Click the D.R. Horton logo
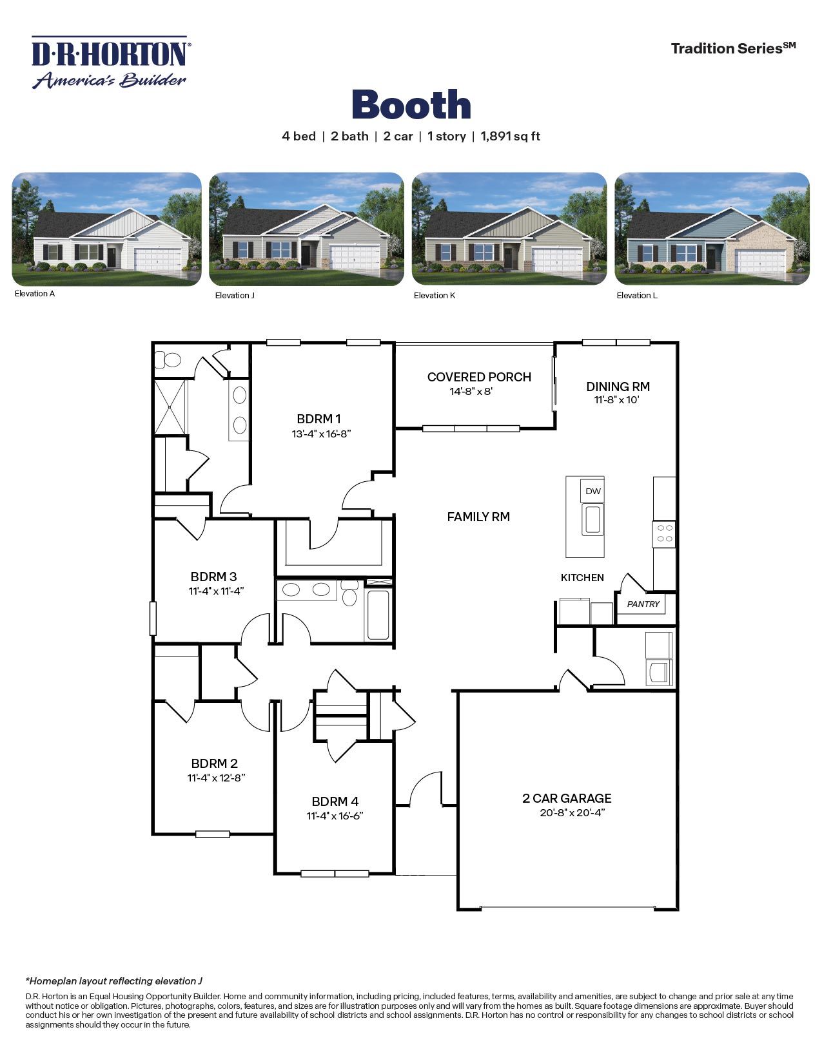[x=110, y=62]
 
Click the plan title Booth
[x=411, y=104]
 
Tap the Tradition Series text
[x=733, y=48]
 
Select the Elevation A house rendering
[x=107, y=229]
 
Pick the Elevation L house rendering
[x=712, y=229]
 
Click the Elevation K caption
[x=435, y=296]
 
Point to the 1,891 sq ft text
[x=510, y=136]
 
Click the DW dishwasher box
[x=592, y=491]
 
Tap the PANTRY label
[x=643, y=604]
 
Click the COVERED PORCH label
[x=479, y=377]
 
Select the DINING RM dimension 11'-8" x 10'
[x=617, y=400]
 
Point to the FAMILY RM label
[x=478, y=517]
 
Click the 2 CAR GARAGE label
[x=567, y=798]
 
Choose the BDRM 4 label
[x=335, y=801]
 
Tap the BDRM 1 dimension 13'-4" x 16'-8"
[x=321, y=434]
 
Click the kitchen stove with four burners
[x=664, y=533]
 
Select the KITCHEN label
[x=582, y=577]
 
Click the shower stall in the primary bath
[x=170, y=407]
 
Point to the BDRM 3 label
[x=213, y=577]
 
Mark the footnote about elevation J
[x=114, y=981]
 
